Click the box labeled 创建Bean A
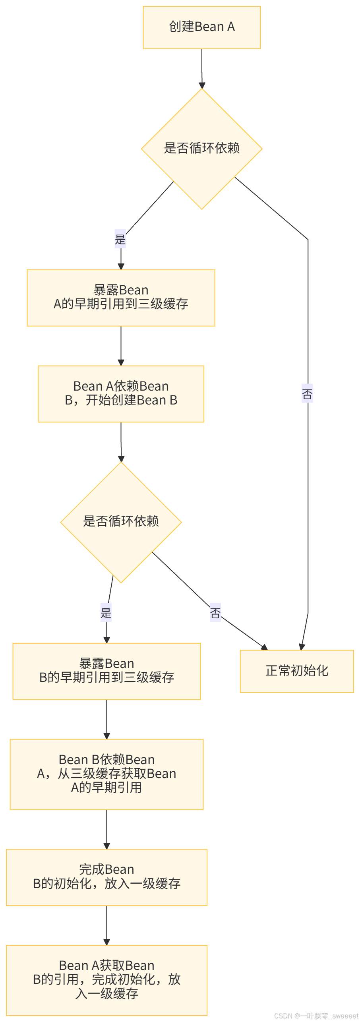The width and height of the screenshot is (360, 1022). [201, 27]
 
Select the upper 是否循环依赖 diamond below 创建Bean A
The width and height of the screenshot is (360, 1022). [201, 149]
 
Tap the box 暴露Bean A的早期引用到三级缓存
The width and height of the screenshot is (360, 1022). [121, 298]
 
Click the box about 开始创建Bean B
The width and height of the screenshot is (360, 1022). [121, 393]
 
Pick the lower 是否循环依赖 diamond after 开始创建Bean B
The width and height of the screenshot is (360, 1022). [121, 522]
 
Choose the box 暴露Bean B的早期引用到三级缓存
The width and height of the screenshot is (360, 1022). [106, 671]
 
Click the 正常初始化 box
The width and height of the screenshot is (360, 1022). [296, 671]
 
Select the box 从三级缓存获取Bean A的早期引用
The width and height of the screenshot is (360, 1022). [106, 774]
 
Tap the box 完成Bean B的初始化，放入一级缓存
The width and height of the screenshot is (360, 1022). [106, 877]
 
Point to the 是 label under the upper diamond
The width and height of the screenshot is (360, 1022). [120, 239]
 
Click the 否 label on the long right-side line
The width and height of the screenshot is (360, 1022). [307, 393]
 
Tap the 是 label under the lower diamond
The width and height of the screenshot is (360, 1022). [106, 612]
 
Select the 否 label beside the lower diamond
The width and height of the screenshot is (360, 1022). [215, 612]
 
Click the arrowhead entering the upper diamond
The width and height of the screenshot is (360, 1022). [202, 85]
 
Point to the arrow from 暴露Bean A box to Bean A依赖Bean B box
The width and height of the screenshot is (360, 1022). [121, 346]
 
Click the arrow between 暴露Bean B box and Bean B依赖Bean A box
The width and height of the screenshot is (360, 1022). [106, 719]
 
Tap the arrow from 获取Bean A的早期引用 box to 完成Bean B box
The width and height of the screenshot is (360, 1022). [106, 829]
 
